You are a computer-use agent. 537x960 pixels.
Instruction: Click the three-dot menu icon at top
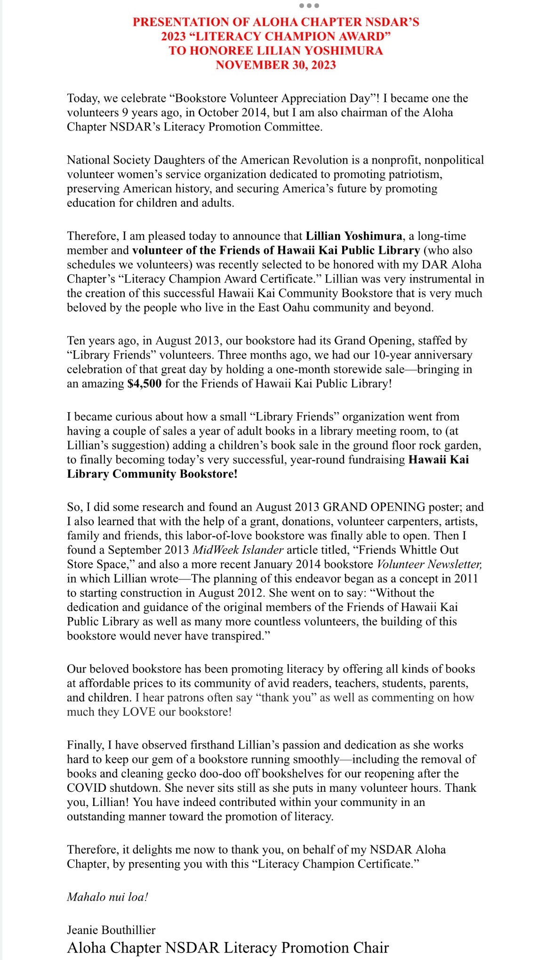[309, 6]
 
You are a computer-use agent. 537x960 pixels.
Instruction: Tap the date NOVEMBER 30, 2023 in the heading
[276, 65]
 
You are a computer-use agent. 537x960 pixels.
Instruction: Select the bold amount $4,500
[144, 384]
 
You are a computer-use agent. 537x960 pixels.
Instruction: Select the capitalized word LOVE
[139, 712]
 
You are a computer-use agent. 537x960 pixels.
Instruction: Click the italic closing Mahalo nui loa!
[108, 897]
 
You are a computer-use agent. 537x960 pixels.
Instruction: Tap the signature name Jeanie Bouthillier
[111, 930]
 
